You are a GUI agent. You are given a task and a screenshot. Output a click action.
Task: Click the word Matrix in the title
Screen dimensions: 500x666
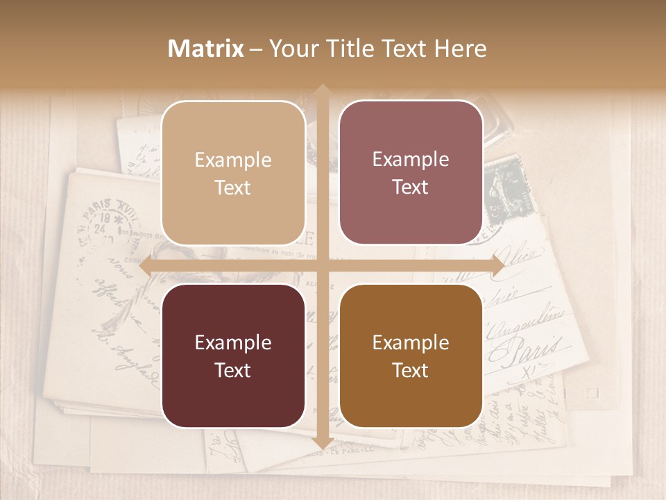(x=206, y=49)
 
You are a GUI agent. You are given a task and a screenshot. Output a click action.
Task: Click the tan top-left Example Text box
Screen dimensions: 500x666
(x=233, y=173)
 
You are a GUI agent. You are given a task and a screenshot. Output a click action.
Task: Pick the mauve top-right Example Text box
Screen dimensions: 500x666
(x=411, y=172)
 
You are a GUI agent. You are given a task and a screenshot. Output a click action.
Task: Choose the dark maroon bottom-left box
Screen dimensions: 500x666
(x=233, y=356)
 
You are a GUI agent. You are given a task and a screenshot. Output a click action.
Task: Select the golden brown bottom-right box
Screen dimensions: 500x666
(x=411, y=356)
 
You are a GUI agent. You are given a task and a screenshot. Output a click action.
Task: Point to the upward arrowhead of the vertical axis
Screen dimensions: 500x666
(x=322, y=90)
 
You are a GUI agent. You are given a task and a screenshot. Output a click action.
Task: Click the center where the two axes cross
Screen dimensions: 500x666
(x=322, y=266)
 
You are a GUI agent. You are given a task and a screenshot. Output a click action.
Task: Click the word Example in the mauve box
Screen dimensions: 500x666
(x=411, y=160)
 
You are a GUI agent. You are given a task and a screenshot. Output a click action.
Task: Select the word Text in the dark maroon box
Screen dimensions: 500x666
(x=233, y=370)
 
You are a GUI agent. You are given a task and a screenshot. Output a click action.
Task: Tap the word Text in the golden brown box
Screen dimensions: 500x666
(x=411, y=370)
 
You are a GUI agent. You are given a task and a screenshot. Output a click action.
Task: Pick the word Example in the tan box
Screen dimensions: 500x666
(x=233, y=160)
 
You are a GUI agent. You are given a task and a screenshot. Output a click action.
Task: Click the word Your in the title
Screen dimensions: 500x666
(x=291, y=49)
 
